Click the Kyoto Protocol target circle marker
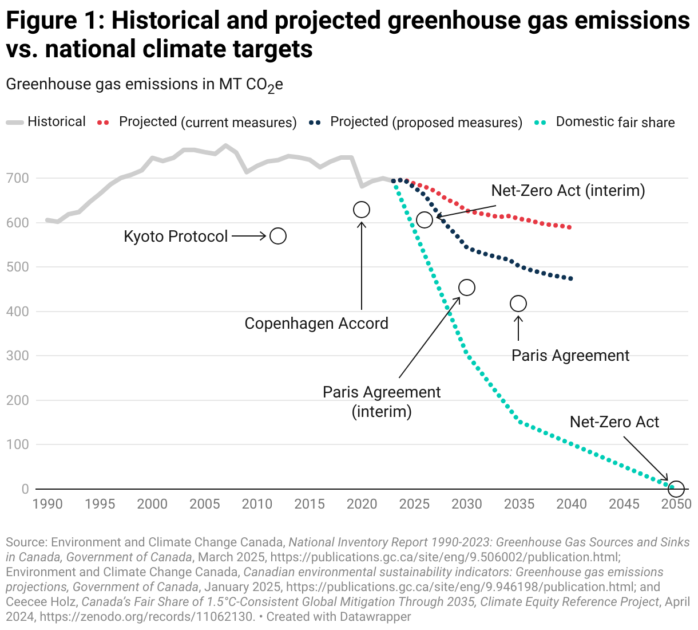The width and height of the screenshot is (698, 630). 278,236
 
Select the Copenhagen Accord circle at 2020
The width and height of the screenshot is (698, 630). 362,210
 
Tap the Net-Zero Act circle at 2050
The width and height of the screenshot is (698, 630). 676,489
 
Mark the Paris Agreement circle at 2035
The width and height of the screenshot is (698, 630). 518,304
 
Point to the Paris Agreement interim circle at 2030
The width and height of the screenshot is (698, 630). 467,288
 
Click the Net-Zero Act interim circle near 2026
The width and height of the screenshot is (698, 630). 425,220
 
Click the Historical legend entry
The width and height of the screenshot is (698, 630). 56,122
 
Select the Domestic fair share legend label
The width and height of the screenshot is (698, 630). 615,122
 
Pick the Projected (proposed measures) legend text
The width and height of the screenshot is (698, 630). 426,122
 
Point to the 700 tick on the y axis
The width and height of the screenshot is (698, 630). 17,178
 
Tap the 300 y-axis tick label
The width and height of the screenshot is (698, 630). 17,356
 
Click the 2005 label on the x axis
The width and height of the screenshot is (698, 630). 205,504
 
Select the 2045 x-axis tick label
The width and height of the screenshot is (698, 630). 624,504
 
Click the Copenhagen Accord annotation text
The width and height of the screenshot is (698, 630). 316,324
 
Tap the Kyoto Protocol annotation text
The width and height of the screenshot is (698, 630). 176,237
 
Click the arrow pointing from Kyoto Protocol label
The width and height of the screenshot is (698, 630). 249,236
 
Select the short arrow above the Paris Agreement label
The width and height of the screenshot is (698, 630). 518,328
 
